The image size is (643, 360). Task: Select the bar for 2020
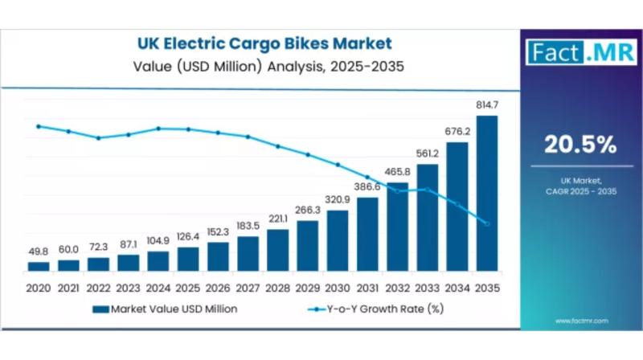39,266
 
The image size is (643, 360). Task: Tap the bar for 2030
338,240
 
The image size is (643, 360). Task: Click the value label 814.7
487,105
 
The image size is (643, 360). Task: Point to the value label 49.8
39,252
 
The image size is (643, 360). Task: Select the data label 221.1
278,219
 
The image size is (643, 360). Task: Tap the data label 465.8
397,172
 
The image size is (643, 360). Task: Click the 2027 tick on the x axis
248,287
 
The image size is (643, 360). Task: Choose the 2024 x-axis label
158,287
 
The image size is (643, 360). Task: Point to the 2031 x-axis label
367,287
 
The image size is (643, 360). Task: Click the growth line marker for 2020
39,126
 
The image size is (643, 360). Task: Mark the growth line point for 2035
487,223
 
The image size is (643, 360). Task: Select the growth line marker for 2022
98,137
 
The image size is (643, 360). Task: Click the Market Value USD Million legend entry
165,308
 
